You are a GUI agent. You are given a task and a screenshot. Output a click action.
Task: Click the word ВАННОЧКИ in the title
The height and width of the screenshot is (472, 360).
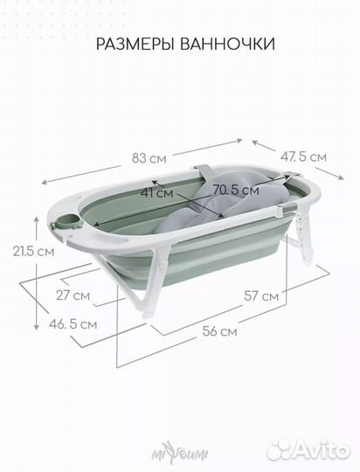pos(227,44)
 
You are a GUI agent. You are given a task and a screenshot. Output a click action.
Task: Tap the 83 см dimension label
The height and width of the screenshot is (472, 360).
pos(149,158)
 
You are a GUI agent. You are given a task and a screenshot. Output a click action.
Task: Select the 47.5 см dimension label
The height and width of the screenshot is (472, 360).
pos(303,156)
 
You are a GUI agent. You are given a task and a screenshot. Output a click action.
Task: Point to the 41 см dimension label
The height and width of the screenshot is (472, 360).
pos(157,192)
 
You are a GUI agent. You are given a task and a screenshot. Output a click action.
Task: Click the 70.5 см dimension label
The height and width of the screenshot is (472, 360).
pos(236,191)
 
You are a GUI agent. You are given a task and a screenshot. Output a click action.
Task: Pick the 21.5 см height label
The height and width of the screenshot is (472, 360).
pos(33,252)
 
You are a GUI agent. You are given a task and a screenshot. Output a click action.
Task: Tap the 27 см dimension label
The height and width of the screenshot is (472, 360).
pos(73,295)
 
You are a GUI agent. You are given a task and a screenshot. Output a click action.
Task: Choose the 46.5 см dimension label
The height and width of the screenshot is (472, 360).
pos(73,324)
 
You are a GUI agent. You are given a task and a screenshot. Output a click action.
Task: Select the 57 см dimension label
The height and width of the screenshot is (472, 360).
pos(261,296)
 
